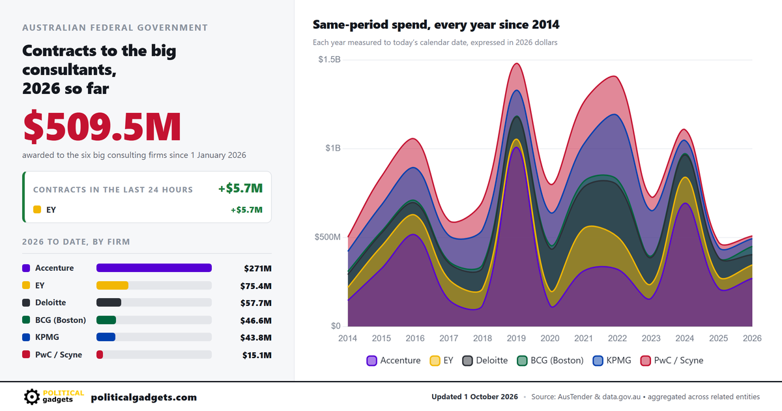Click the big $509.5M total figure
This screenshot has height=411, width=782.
coord(102,126)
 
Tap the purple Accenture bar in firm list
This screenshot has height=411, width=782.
coord(154,268)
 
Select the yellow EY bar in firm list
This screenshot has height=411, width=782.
coord(112,286)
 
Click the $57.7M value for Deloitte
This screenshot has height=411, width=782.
coord(256,303)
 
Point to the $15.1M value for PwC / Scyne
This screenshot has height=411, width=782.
coord(257,355)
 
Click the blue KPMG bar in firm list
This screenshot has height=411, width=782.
coord(106,337)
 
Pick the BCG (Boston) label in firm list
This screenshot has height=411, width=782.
coord(61,320)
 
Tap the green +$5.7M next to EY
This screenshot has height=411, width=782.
coord(246,209)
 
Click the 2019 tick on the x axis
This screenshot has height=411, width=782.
coord(516,339)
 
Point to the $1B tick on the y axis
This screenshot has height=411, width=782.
coord(333,148)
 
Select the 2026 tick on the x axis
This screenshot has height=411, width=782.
coord(752,339)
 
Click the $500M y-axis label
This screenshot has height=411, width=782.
coord(327,237)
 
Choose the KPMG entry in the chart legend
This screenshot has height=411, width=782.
coord(612,360)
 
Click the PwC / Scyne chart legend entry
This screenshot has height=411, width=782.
coord(672,360)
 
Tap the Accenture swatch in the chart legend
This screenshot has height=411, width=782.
coord(372,361)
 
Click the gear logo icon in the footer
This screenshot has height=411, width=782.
coord(32,397)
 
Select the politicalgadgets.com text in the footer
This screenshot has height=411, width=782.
coord(144,397)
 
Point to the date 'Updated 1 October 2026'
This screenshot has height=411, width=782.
coord(474,397)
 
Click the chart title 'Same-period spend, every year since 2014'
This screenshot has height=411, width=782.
coord(436,25)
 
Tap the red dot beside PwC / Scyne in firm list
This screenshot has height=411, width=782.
coord(26,354)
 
